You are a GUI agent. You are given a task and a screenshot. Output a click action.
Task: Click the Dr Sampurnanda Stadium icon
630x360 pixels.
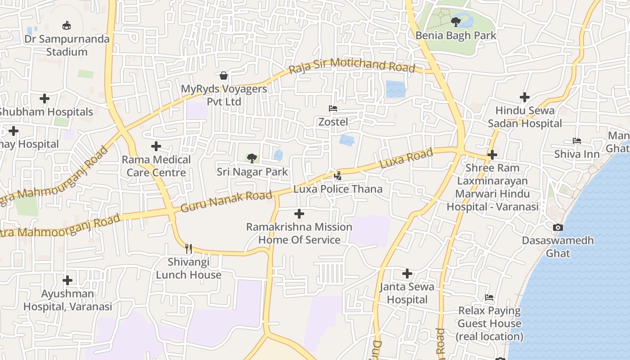(x=67, y=25)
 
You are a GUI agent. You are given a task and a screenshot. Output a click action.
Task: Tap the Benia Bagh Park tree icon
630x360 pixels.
(x=456, y=21)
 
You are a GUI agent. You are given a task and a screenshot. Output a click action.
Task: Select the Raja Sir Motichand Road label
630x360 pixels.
(x=351, y=66)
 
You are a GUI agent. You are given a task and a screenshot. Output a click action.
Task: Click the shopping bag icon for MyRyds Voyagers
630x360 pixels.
(x=224, y=75)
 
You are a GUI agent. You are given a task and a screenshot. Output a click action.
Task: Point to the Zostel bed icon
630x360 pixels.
(x=333, y=108)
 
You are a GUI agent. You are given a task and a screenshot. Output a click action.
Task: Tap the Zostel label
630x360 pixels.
(x=333, y=122)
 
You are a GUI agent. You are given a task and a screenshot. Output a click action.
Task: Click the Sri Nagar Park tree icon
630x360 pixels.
(x=252, y=158)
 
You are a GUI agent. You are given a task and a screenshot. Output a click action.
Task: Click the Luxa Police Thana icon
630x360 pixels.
(x=338, y=175)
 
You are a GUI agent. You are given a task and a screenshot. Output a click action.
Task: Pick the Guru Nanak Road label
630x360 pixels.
(x=226, y=201)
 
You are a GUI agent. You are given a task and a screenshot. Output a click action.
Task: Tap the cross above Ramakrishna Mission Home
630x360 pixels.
(x=299, y=214)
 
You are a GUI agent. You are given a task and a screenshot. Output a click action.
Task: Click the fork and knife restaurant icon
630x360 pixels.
(x=189, y=248)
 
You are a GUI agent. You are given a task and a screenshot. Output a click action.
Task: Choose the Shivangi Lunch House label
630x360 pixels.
(x=189, y=268)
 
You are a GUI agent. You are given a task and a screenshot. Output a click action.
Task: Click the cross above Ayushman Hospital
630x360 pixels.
(x=67, y=280)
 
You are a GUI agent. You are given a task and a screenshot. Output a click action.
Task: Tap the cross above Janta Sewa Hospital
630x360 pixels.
(x=407, y=273)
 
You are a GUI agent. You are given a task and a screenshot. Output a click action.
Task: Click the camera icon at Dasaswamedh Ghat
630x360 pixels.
(x=558, y=228)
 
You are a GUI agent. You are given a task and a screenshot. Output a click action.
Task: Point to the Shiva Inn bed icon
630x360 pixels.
(x=576, y=141)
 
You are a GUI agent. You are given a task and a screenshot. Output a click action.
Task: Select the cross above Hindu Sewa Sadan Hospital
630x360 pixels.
(x=525, y=97)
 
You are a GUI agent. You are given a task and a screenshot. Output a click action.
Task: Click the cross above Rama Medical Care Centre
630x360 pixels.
(x=156, y=146)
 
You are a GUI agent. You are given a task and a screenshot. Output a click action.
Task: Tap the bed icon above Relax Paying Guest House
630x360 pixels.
(x=489, y=297)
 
